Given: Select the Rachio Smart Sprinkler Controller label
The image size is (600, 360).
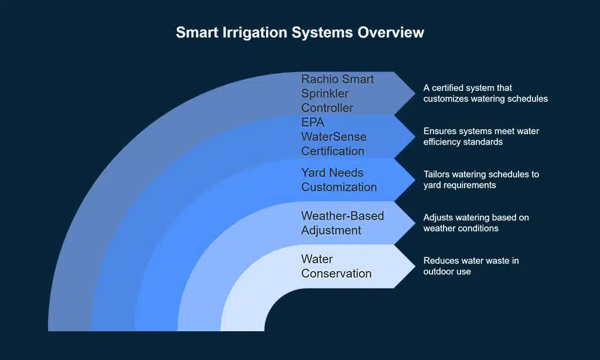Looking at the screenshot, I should (337, 93).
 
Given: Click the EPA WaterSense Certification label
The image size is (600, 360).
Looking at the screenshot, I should (333, 137).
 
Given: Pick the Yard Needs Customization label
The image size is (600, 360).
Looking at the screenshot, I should (339, 180).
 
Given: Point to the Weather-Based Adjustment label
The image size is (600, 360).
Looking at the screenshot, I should (342, 223).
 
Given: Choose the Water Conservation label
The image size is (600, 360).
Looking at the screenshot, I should (336, 266).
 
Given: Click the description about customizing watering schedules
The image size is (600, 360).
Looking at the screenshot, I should (485, 93).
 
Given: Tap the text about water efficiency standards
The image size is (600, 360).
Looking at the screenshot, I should (480, 137).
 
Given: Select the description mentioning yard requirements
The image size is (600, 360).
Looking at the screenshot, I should (480, 180).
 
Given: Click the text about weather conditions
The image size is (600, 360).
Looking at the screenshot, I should (476, 223).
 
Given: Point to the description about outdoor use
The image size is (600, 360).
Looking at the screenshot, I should (471, 266).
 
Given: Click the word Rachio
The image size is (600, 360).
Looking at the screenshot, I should (319, 79).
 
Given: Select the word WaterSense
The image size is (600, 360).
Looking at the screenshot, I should (333, 137).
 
